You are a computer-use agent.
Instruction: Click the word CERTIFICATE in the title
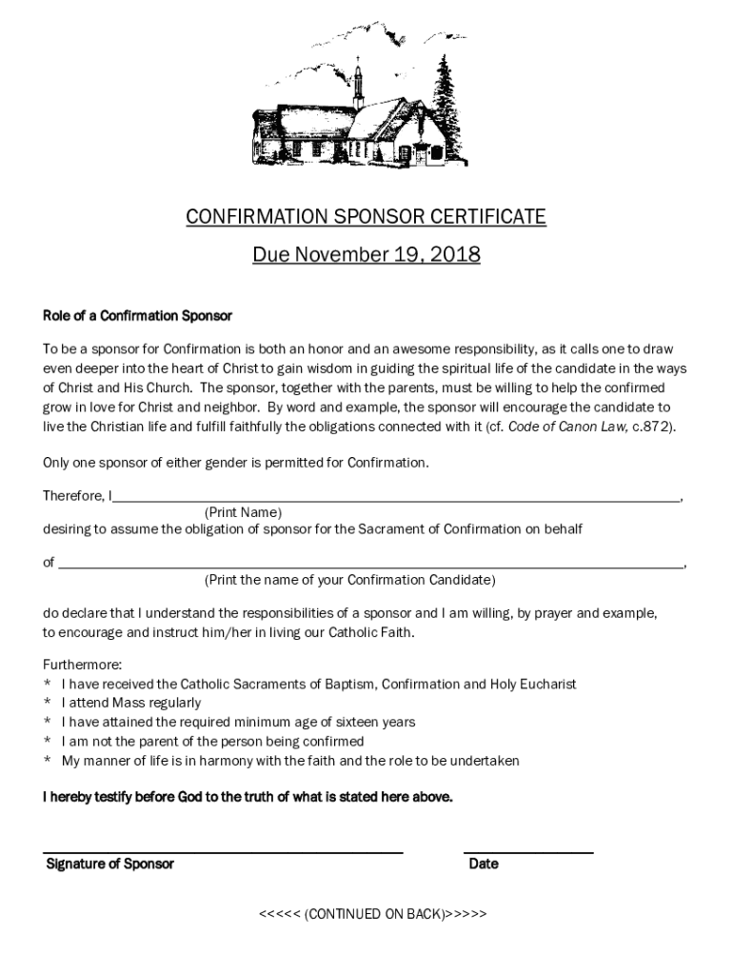coord(489,217)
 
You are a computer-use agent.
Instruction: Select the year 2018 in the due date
coord(453,255)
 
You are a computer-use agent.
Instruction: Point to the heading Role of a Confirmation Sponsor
coord(137,315)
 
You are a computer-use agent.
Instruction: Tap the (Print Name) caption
coord(243,512)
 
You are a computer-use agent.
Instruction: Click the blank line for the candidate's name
coord(371,564)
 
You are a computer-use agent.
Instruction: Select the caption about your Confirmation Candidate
coord(349,580)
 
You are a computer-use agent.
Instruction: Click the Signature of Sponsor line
coord(223,851)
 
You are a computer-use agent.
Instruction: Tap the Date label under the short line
coord(484,865)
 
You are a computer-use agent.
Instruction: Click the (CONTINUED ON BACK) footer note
coord(372,914)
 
